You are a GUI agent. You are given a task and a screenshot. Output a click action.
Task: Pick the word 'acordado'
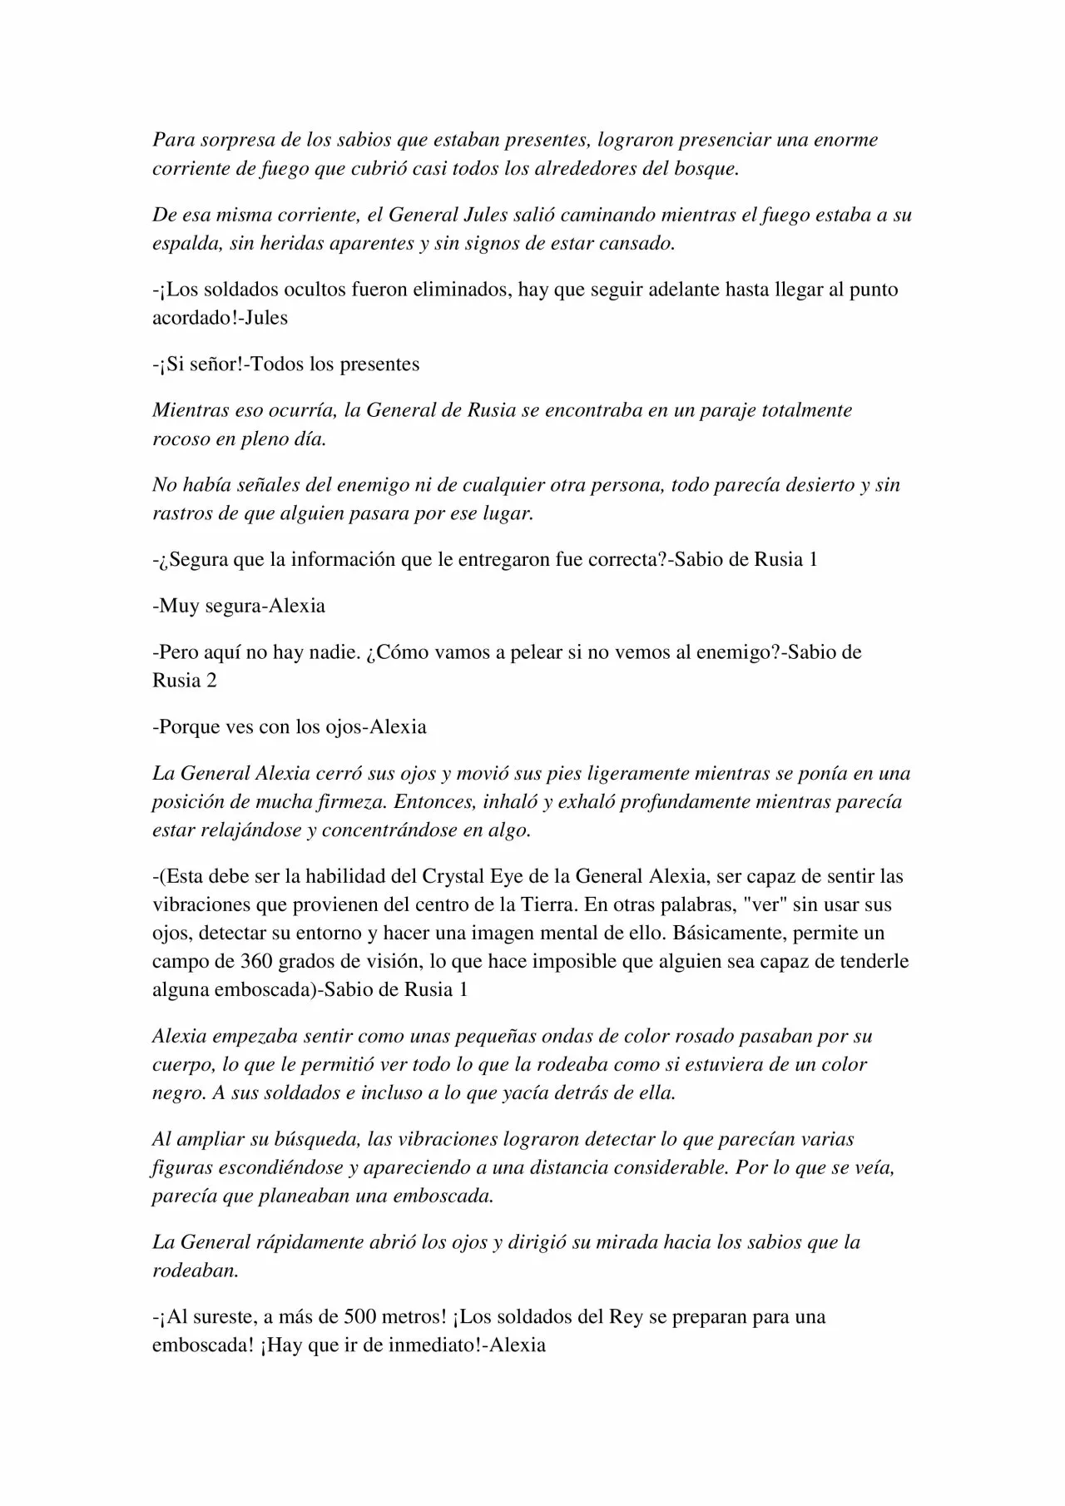(190, 318)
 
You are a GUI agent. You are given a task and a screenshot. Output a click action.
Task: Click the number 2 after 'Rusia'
(211, 681)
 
